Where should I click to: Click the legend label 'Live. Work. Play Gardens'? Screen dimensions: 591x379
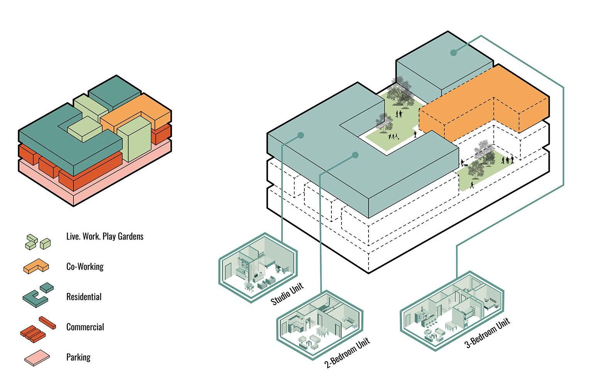click(x=105, y=237)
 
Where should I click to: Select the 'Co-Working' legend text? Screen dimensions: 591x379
click(x=85, y=266)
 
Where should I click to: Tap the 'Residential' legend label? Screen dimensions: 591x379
click(x=84, y=297)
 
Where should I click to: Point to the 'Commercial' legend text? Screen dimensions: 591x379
click(x=85, y=327)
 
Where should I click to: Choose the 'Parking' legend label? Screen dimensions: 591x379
click(x=78, y=357)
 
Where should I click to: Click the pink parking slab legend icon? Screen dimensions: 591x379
click(x=37, y=358)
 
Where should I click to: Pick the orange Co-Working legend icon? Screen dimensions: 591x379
click(x=36, y=266)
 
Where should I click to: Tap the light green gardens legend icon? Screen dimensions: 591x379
click(x=38, y=242)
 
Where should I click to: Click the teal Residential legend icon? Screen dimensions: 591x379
click(x=38, y=296)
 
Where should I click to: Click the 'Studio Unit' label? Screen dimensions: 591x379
click(x=287, y=294)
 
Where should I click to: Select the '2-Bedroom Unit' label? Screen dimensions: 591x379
click(x=347, y=353)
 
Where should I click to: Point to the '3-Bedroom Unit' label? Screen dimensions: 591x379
click(x=487, y=333)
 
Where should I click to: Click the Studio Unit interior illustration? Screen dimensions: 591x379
click(x=258, y=268)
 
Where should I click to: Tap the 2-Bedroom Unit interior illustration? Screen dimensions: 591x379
click(x=320, y=325)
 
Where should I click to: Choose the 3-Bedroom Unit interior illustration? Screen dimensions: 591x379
click(x=452, y=311)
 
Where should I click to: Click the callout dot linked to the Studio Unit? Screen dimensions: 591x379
click(x=301, y=135)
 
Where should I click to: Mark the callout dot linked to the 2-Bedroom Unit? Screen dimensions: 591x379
click(x=355, y=155)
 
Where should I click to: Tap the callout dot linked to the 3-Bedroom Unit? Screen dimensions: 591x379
click(x=453, y=53)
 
